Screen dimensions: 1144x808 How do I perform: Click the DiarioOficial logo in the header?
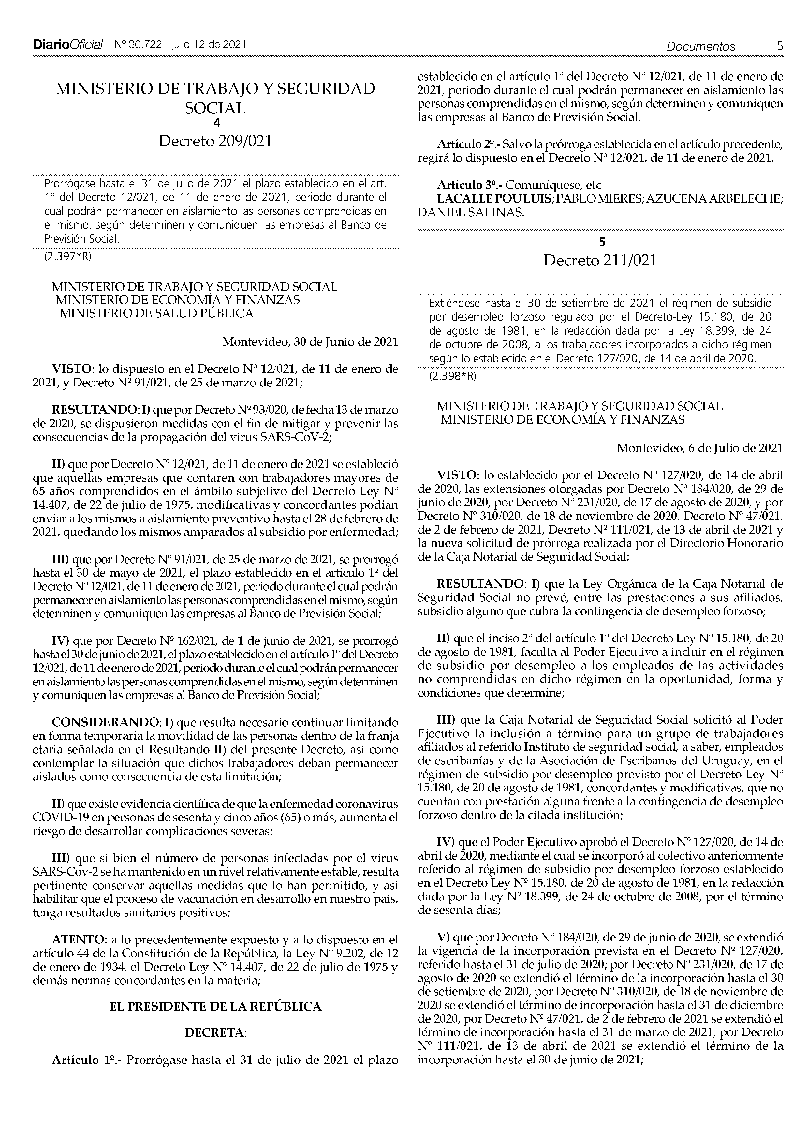68,45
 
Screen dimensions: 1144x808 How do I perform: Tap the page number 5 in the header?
780,46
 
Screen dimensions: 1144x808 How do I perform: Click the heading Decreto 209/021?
215,142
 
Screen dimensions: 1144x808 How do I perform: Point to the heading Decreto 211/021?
600,261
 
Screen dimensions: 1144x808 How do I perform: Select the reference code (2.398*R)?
452,376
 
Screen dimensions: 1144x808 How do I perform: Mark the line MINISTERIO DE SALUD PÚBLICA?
156,313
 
